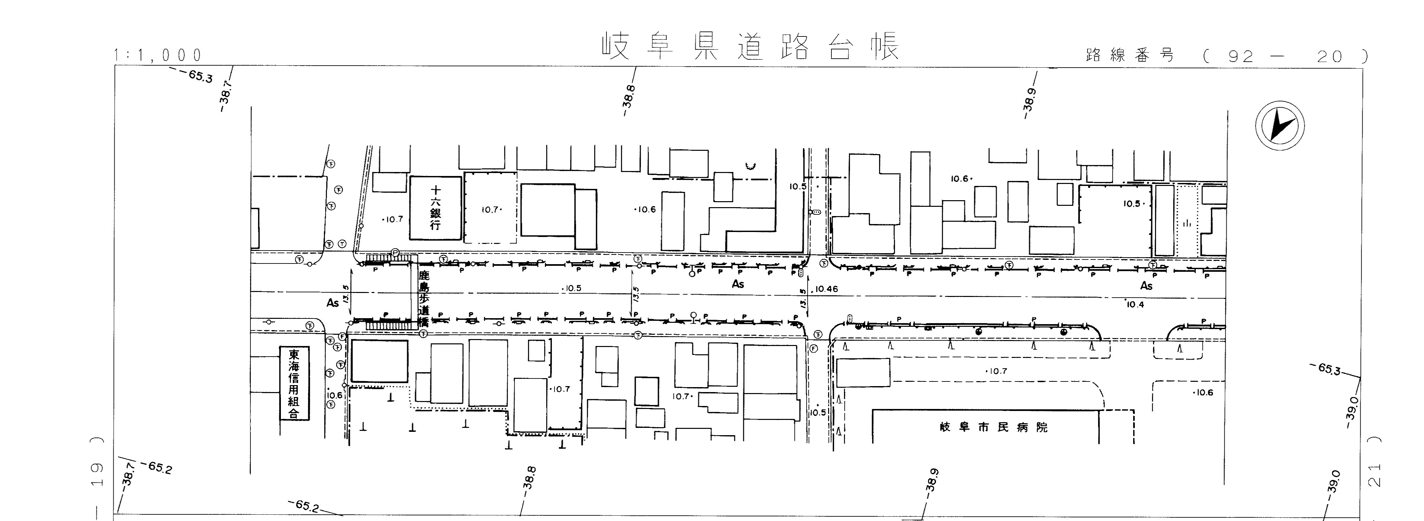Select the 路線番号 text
(1130, 55)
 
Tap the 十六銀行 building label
(436, 208)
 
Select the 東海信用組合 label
(293, 383)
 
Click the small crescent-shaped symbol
(750, 165)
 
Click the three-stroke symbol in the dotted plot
(1186, 223)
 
